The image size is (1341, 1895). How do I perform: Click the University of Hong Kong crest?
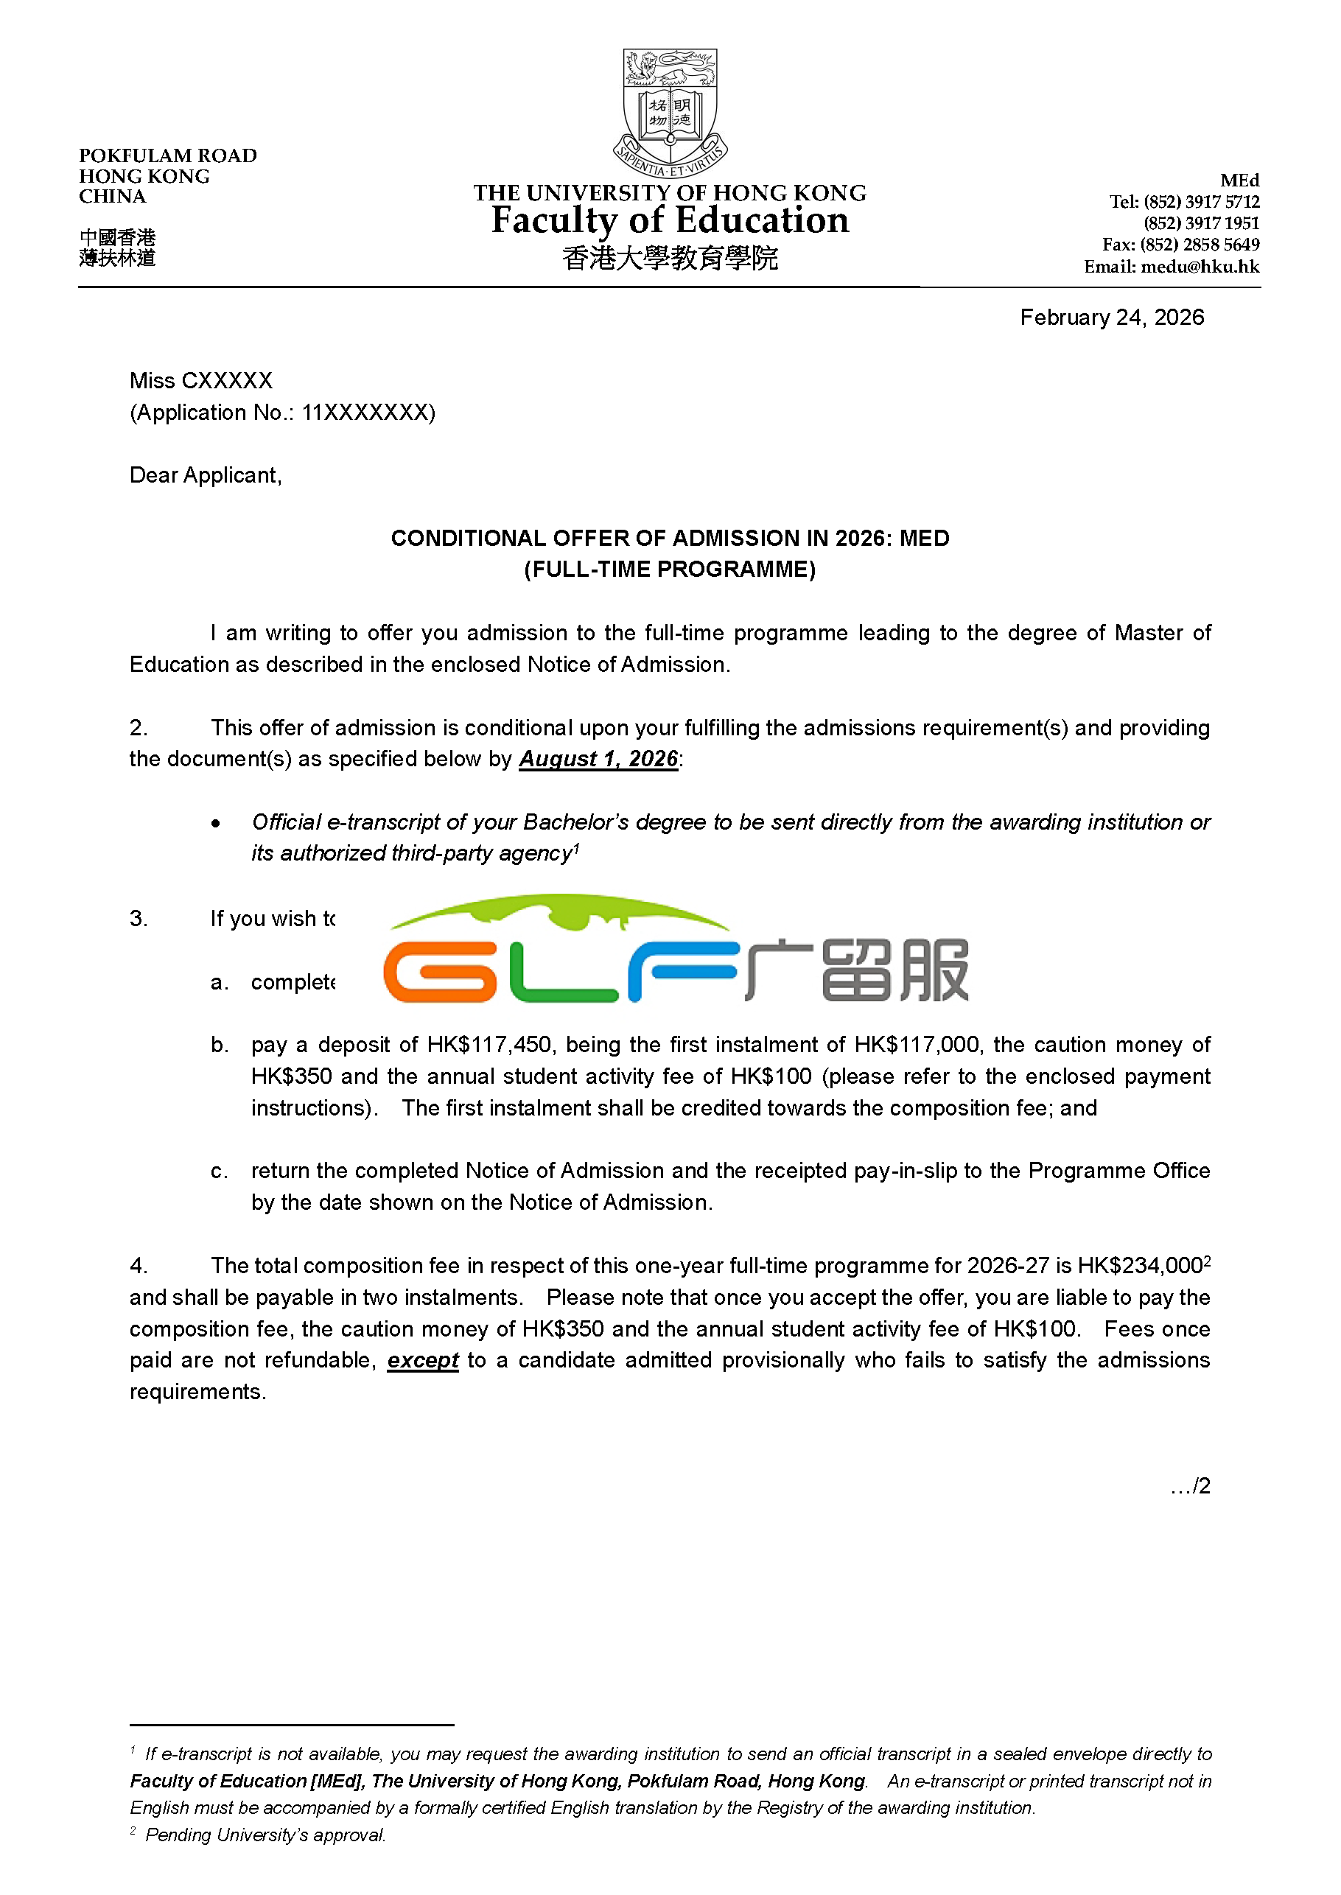[670, 111]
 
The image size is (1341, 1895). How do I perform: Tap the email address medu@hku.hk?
[1200, 267]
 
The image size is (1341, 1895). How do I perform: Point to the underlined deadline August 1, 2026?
[598, 760]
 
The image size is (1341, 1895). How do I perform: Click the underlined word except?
[423, 1360]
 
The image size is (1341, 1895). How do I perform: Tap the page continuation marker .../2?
[1190, 1486]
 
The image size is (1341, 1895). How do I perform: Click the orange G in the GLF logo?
[440, 973]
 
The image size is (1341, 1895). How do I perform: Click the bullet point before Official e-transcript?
[215, 823]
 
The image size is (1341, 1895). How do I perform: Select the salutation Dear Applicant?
[206, 476]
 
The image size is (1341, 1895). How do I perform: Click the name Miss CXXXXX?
[200, 381]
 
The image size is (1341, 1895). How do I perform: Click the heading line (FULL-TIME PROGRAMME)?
[670, 570]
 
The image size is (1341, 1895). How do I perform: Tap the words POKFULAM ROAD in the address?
[168, 156]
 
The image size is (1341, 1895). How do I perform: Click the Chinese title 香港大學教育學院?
[670, 259]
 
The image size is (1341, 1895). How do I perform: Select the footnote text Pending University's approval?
[265, 1835]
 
